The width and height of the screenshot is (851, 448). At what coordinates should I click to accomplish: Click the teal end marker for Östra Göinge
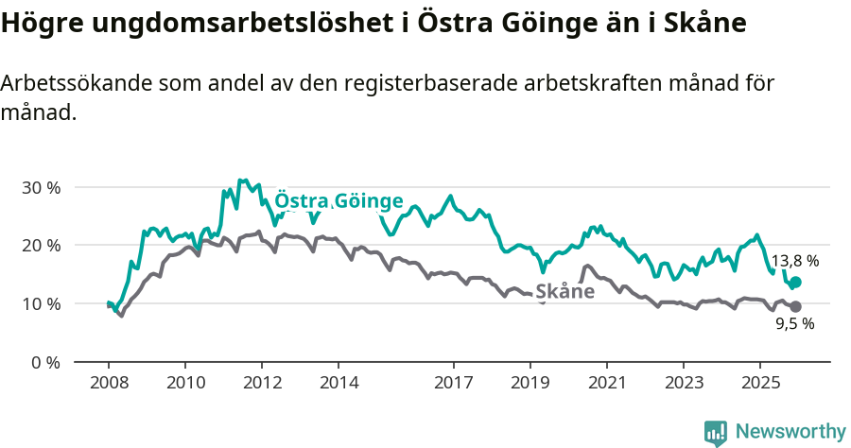coord(795,282)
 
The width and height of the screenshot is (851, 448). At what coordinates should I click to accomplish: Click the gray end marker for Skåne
coord(795,306)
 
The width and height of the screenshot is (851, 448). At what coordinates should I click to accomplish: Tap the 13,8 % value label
coord(795,260)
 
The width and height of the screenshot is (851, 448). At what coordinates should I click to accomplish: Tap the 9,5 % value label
coord(794,323)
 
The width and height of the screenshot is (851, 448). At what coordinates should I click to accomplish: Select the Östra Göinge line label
coord(339,201)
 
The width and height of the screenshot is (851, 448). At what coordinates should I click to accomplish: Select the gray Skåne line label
coord(564,291)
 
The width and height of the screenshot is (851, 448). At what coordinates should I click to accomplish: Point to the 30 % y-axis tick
coord(41,187)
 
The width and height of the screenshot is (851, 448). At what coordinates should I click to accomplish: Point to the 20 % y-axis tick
coord(41,246)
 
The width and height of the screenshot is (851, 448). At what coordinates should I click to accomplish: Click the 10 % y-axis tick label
coord(41,303)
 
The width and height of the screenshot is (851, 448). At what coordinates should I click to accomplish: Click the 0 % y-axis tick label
coord(45,362)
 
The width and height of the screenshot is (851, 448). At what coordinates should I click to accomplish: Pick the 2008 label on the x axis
coord(108,383)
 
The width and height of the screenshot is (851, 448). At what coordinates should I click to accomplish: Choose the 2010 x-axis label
coord(184,383)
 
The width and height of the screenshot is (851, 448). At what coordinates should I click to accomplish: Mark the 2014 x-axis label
coord(339,383)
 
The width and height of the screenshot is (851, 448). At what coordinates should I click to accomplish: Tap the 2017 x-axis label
coord(453,383)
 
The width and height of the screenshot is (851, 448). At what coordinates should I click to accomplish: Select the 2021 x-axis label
coord(606,383)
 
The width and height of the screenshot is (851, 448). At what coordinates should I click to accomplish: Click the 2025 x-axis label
coord(759,383)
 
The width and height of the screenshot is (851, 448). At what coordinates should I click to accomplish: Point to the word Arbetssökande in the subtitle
coord(78,83)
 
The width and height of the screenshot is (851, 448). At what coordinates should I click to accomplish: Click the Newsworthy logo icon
coord(716,433)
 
